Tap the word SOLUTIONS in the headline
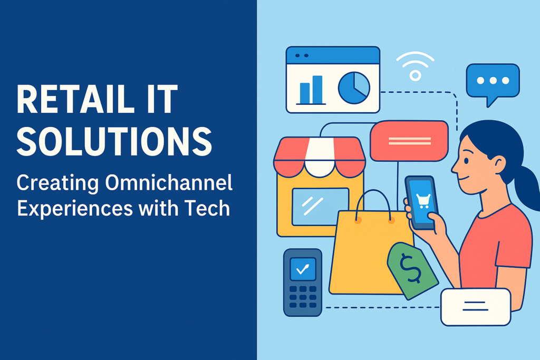(114, 141)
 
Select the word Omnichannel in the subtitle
(169, 182)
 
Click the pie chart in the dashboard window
(354, 88)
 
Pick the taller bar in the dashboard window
(317, 90)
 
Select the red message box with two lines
(409, 141)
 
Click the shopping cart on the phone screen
(423, 201)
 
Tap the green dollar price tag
(412, 270)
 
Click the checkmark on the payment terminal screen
(303, 269)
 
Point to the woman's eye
(466, 161)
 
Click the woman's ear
(498, 164)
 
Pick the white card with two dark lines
(476, 307)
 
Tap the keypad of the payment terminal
(303, 297)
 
